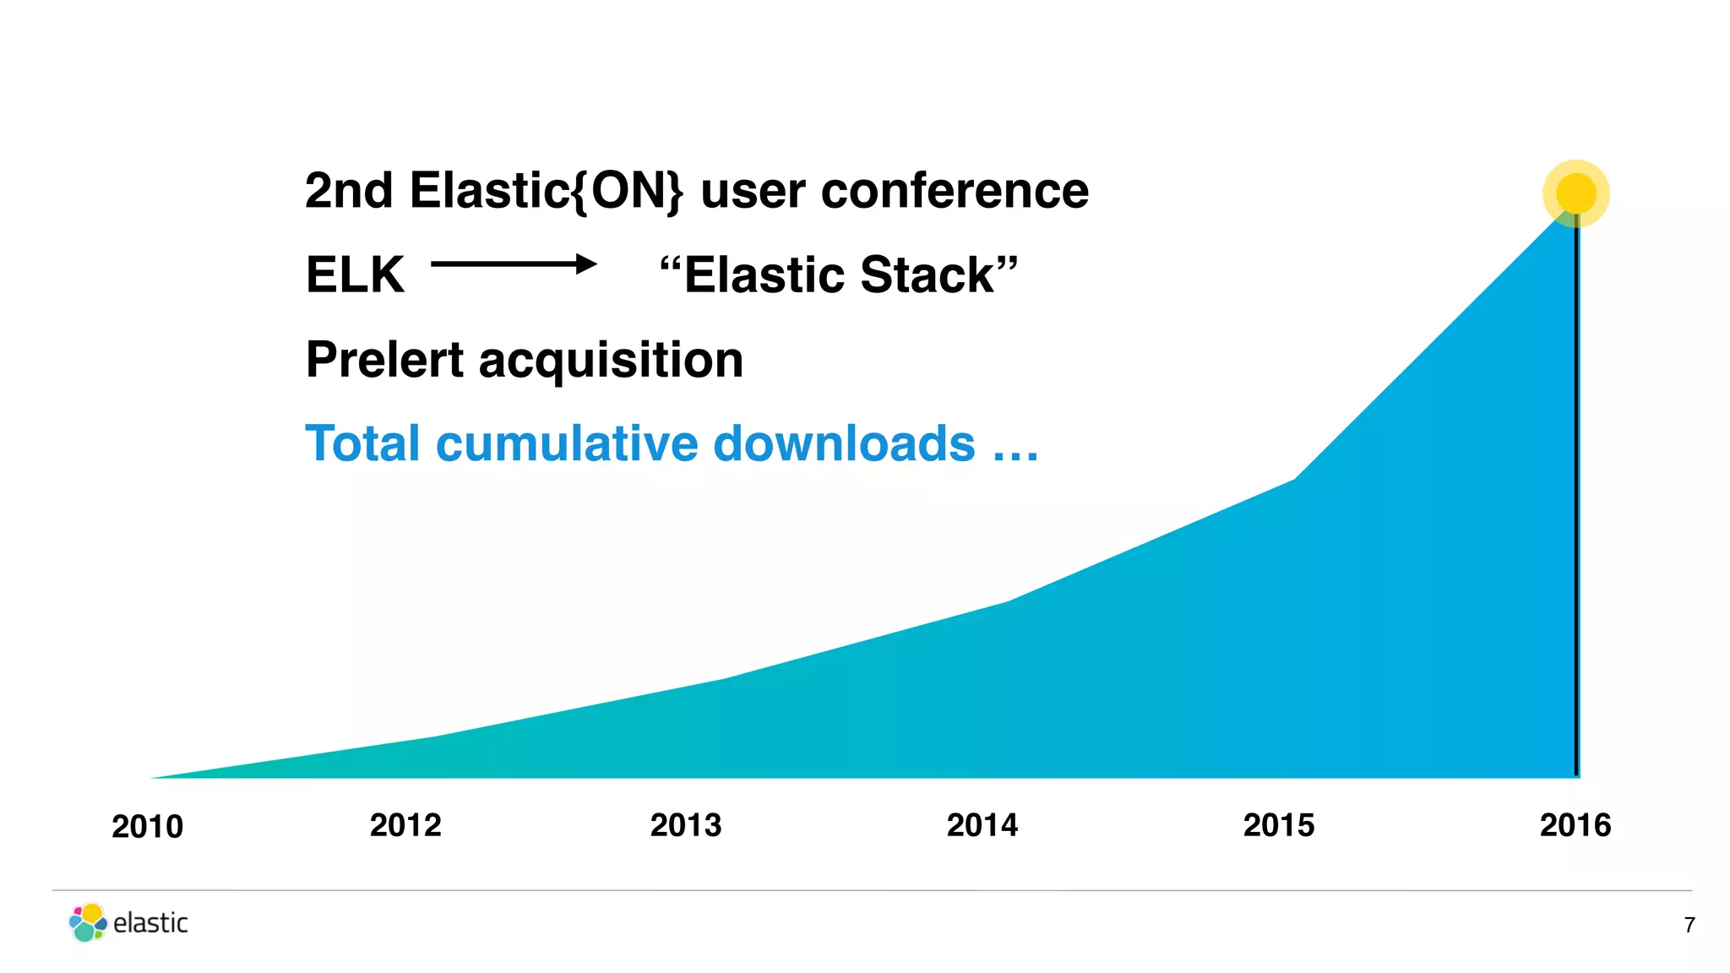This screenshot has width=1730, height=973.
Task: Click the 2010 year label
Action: pos(147,827)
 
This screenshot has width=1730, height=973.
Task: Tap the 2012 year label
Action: pos(405,825)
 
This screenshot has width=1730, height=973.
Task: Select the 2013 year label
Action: pos(686,825)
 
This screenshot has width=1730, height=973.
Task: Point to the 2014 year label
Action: pos(982,825)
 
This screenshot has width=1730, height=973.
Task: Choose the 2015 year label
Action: pos(1279,825)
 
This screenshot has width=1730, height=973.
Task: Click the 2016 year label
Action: pos(1575,825)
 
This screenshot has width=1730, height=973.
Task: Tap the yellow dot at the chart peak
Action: pos(1576,193)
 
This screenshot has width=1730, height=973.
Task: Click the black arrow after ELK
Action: pos(514,264)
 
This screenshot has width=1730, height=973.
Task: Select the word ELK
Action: pos(355,275)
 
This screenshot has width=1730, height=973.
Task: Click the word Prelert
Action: pos(384,360)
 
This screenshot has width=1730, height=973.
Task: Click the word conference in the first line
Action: pos(955,191)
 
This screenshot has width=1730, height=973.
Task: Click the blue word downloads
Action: pos(844,444)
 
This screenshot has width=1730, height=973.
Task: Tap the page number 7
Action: pos(1689,926)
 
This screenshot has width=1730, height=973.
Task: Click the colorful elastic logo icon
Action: pos(88,922)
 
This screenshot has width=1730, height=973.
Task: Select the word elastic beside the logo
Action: pos(150,923)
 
